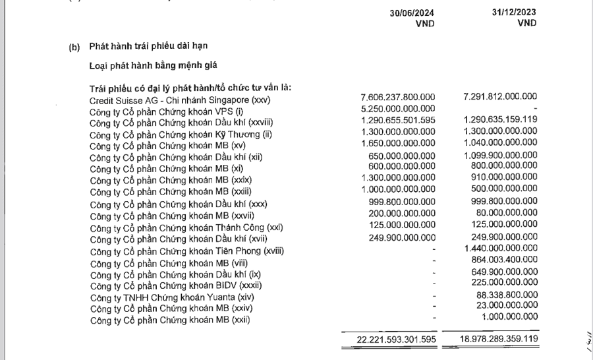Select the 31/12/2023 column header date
[x=513, y=13]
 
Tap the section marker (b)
[x=74, y=47]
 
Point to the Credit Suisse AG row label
[x=180, y=100]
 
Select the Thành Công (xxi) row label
[x=186, y=227]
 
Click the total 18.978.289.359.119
[x=498, y=339]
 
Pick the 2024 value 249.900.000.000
[x=402, y=237]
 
